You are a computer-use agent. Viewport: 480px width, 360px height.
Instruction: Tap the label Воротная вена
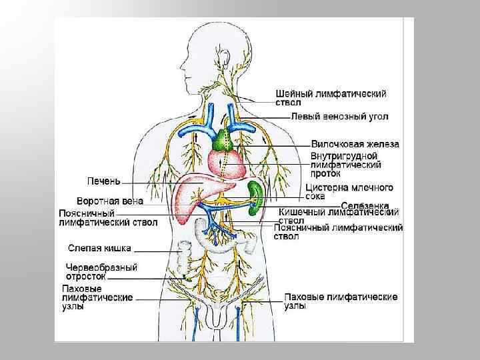(110, 200)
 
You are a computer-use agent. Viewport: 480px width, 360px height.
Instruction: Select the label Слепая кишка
(99, 248)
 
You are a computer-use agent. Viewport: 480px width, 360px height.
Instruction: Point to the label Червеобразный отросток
(101, 271)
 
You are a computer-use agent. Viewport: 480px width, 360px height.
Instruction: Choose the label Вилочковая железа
(355, 143)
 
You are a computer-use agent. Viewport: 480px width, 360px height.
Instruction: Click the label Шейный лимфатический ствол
(331, 98)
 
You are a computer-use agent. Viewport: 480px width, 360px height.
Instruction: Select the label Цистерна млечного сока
(349, 192)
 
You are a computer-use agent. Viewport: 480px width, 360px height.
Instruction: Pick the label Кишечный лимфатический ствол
(339, 215)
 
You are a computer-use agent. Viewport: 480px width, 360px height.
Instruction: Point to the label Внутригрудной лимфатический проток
(345, 163)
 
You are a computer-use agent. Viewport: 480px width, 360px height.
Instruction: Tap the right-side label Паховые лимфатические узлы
(341, 301)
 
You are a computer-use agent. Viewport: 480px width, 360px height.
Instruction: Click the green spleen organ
(255, 197)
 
